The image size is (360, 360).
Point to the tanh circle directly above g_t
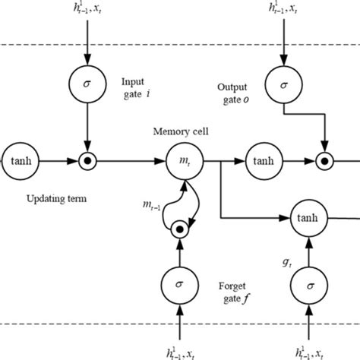(x=309, y=219)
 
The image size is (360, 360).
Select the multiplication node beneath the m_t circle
(x=179, y=227)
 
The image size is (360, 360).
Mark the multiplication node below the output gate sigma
(x=327, y=161)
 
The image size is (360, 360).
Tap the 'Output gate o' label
(x=228, y=92)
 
